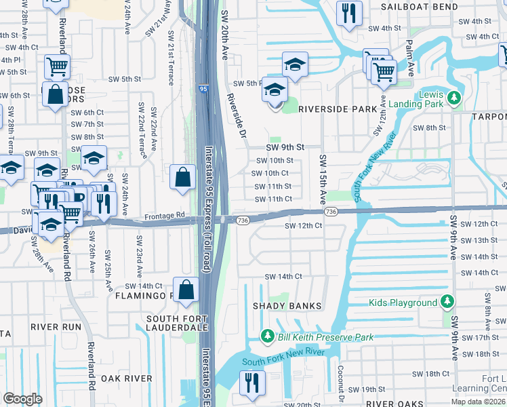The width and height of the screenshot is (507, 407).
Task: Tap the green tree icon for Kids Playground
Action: [x=447, y=303]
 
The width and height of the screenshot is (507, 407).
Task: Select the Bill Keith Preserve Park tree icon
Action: [x=268, y=337]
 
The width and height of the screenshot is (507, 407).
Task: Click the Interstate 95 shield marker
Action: [x=203, y=89]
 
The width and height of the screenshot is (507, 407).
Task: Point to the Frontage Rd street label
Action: [x=164, y=216]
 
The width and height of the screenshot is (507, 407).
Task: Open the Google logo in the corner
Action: [x=22, y=399]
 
